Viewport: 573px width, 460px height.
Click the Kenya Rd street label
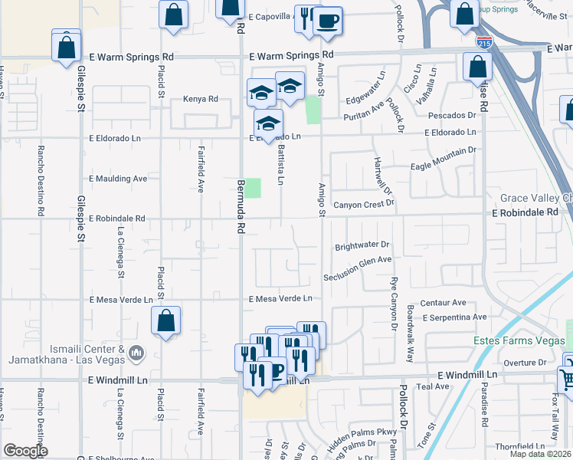(x=201, y=99)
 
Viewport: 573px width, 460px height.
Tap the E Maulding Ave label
(x=118, y=178)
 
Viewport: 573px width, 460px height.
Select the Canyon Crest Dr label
(x=364, y=204)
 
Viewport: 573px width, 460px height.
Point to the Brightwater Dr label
(x=362, y=246)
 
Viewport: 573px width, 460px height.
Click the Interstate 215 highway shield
(x=483, y=42)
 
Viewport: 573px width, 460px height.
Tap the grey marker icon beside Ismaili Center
(x=136, y=353)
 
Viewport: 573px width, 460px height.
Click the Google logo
(x=25, y=450)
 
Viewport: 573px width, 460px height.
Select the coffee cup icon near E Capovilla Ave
(x=329, y=21)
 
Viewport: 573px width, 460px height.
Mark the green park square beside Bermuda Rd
(x=253, y=188)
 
